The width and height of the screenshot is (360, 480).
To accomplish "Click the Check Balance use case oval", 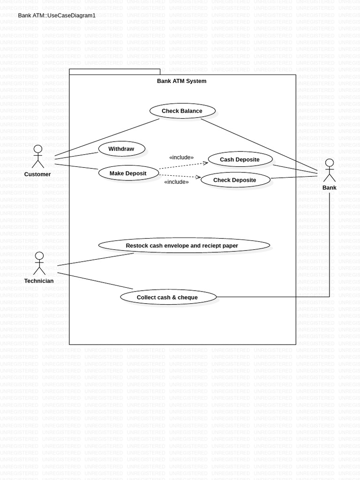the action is pos(182,111).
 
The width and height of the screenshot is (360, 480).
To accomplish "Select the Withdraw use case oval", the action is pos(121,149).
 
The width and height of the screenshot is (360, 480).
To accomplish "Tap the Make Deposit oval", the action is pos(128,173).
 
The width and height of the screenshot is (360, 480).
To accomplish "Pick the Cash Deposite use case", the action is pos(240,159).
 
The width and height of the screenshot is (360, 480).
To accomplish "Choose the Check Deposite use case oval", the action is pos(235,180).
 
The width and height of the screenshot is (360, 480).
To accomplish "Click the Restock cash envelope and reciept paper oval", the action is pos(184,246).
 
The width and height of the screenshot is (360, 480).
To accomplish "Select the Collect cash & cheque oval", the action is pos(168,297).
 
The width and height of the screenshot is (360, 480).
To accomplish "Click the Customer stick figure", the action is pos(37,157).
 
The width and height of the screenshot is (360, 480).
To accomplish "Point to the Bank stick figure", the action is pos(329,171).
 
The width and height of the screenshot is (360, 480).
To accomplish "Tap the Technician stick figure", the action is pos(39,263).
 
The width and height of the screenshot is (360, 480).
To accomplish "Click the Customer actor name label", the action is pos(37,174).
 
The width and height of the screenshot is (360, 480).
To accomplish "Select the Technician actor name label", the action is pos(39,281).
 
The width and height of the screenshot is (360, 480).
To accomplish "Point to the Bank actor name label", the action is pos(330,187).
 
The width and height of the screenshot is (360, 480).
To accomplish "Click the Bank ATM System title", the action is pos(181,81).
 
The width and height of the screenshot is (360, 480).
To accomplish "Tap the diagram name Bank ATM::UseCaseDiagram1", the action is pos(57,15).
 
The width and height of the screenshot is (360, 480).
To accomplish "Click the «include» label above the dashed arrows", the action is pos(181,157).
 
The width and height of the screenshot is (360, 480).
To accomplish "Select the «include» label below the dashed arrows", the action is pos(176,182).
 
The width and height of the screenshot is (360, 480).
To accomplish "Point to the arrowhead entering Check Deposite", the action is pos(198,177).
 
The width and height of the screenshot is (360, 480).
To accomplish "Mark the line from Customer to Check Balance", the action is pos(107,137).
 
